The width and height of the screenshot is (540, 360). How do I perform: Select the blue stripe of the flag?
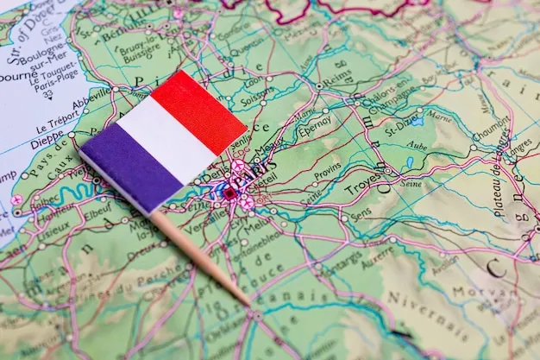click(131, 166)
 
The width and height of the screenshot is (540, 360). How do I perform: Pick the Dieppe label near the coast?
click(47, 141)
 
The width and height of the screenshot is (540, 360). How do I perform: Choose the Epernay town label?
click(314, 127)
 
